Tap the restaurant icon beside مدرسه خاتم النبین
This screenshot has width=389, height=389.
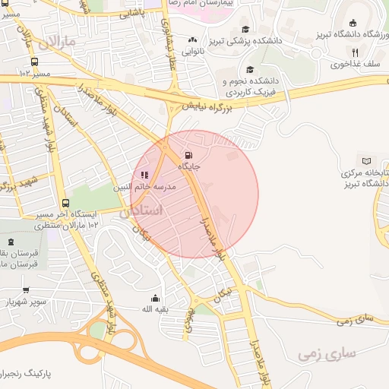(145, 176)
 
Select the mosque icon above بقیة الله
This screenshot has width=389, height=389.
(156, 298)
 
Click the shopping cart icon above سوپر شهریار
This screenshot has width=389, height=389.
(26, 290)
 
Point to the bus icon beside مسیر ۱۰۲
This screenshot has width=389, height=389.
(34, 62)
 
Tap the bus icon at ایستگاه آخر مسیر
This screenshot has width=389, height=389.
(66, 204)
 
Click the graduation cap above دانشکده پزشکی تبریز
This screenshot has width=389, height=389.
(245, 28)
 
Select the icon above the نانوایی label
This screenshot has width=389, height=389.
(193, 40)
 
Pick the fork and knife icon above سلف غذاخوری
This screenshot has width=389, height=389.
(354, 53)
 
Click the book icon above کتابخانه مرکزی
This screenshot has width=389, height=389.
(368, 161)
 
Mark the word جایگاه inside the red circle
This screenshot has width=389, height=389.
(189, 165)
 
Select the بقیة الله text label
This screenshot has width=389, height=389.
(156, 309)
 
